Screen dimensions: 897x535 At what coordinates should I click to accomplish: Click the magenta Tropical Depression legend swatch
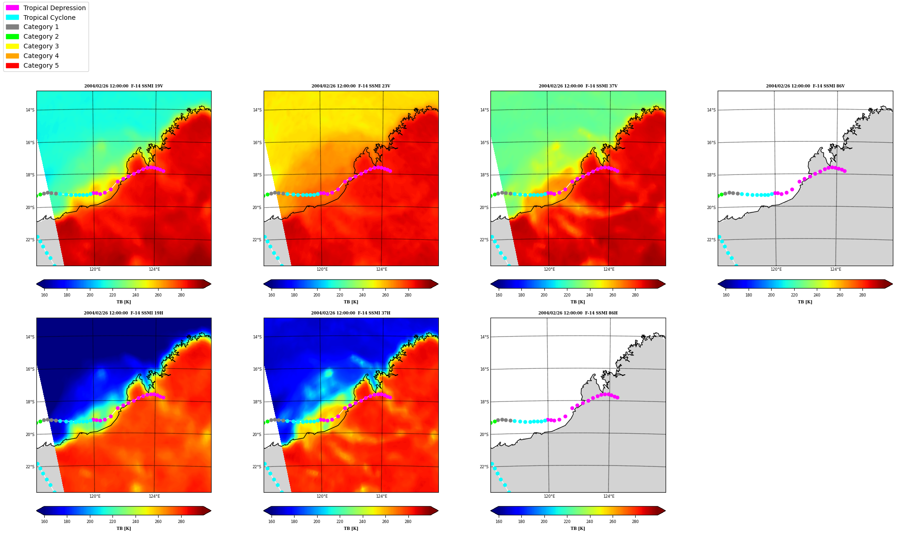point(12,8)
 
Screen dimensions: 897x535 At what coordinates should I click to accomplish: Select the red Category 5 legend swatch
point(12,65)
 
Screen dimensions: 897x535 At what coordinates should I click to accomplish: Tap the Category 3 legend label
point(41,46)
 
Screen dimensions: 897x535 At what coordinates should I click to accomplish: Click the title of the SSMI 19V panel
point(124,86)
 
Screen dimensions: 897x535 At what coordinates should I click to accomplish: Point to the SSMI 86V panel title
point(805,86)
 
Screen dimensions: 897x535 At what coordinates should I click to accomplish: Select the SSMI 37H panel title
point(351,313)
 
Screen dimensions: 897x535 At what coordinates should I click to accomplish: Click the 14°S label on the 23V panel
point(257,110)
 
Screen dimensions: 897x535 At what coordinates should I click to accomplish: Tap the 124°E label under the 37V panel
point(609,269)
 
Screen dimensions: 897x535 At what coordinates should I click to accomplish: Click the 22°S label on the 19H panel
point(30,467)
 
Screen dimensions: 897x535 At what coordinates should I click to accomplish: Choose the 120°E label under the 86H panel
point(549,496)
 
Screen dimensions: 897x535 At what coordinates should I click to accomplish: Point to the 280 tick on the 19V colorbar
point(181,295)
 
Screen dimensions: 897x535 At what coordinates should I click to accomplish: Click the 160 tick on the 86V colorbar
point(726,295)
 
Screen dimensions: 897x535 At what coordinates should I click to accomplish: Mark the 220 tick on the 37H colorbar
point(340,522)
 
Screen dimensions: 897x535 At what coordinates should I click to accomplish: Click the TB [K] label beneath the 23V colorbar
point(351,302)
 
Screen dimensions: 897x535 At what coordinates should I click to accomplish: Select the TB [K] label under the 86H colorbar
point(578,529)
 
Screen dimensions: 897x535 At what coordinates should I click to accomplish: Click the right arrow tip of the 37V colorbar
point(665,284)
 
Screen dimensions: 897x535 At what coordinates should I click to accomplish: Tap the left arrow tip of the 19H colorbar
point(36,511)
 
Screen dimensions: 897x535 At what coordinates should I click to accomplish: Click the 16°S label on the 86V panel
point(711,143)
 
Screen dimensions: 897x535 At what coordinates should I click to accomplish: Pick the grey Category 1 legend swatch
point(12,27)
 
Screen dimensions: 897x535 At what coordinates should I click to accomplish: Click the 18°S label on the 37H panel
point(257,402)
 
